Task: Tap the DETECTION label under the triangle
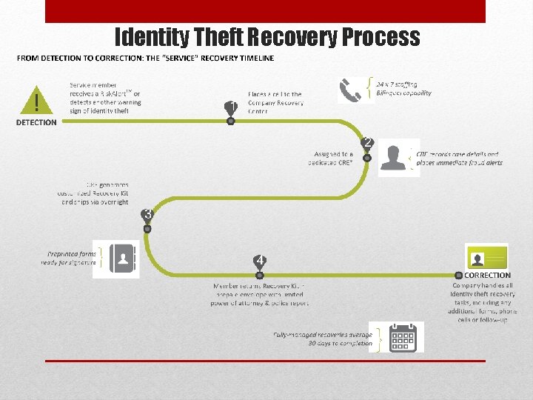tap(36, 122)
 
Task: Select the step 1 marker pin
tap(231, 110)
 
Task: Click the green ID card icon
tap(486, 257)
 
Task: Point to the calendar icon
tap(404, 338)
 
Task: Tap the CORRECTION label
tap(487, 276)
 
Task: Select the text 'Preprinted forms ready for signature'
tap(69, 258)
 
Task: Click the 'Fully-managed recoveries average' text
tap(323, 335)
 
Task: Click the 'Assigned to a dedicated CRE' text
tap(334, 159)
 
